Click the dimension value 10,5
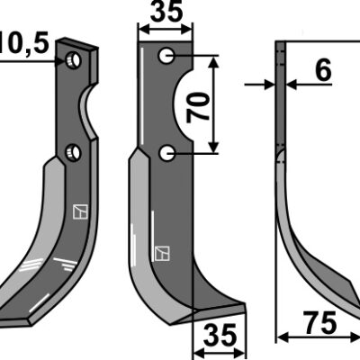coord(24,44)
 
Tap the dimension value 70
coord(198,106)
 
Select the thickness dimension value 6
coord(323,70)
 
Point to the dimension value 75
coord(319,322)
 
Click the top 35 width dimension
coord(166,12)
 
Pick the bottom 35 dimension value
coord(220,335)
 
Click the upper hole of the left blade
coord(74,60)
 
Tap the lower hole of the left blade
coord(74,152)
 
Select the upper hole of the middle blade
coord(166,56)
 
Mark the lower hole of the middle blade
coord(166,153)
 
